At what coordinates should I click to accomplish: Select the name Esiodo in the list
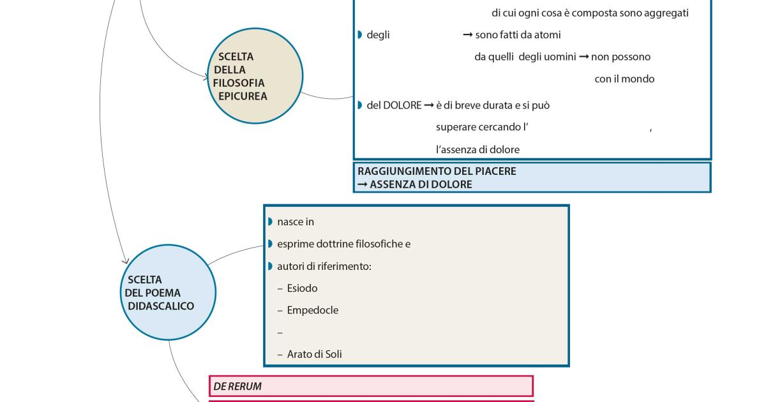302,288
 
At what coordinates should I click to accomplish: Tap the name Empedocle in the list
312,311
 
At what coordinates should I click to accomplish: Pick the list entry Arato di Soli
314,354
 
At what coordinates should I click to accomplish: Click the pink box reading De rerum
370,386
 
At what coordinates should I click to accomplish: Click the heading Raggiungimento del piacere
437,171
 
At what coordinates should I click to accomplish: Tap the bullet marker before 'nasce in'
271,222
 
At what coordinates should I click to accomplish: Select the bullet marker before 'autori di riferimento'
271,266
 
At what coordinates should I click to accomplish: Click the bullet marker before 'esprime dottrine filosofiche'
271,244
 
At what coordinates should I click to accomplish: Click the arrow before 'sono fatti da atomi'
468,35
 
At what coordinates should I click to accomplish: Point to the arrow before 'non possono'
583,57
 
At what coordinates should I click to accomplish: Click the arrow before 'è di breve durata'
429,105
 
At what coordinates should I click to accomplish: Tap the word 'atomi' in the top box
548,35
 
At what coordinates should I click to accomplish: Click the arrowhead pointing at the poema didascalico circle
125,260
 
